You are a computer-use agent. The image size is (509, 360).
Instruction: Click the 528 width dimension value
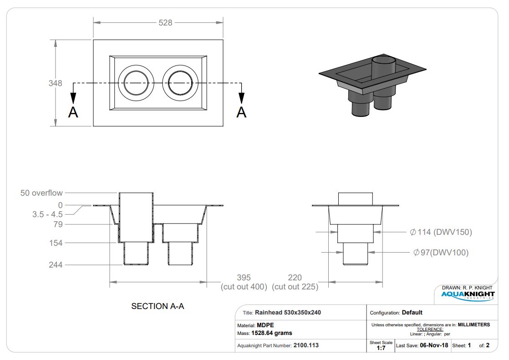[165, 23]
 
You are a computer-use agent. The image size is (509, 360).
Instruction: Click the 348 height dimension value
[55, 83]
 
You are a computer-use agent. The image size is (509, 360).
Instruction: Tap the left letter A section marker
[73, 112]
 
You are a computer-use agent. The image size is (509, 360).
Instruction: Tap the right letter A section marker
[241, 112]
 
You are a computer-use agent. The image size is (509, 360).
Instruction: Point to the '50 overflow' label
[41, 193]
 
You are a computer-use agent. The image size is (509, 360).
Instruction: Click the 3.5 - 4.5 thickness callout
[47, 214]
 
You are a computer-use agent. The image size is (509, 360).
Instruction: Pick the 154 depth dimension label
[56, 243]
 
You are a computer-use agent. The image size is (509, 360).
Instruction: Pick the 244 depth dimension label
[56, 265]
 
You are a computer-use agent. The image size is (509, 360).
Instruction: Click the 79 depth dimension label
[58, 224]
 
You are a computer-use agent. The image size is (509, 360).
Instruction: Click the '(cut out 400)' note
[244, 287]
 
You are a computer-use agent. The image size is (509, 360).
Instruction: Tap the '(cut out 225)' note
[295, 287]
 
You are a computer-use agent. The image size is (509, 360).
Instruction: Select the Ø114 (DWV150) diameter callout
[441, 232]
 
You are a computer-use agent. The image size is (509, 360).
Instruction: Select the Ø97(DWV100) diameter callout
[441, 253]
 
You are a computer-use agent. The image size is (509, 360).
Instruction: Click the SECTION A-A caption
[158, 306]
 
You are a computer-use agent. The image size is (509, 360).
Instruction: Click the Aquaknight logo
[468, 295]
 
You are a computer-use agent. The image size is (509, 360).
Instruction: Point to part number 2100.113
[306, 345]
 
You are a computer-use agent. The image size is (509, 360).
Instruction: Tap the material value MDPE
[265, 325]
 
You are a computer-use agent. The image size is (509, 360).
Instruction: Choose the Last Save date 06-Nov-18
[434, 345]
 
